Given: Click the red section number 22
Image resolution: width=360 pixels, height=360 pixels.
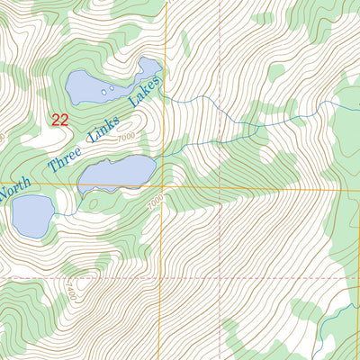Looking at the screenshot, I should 60,119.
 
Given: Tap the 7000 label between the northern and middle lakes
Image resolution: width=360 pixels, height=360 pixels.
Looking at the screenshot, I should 125,136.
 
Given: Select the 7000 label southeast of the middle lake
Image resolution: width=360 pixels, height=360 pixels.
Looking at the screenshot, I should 157,199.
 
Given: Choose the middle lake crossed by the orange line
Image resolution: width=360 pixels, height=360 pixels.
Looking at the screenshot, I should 117,173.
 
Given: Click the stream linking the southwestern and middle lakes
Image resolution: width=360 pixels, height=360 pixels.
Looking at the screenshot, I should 66,212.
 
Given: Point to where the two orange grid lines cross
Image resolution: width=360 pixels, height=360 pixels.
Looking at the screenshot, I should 164,187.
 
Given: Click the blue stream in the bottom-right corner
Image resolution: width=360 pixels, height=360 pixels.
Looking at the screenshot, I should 337,319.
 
